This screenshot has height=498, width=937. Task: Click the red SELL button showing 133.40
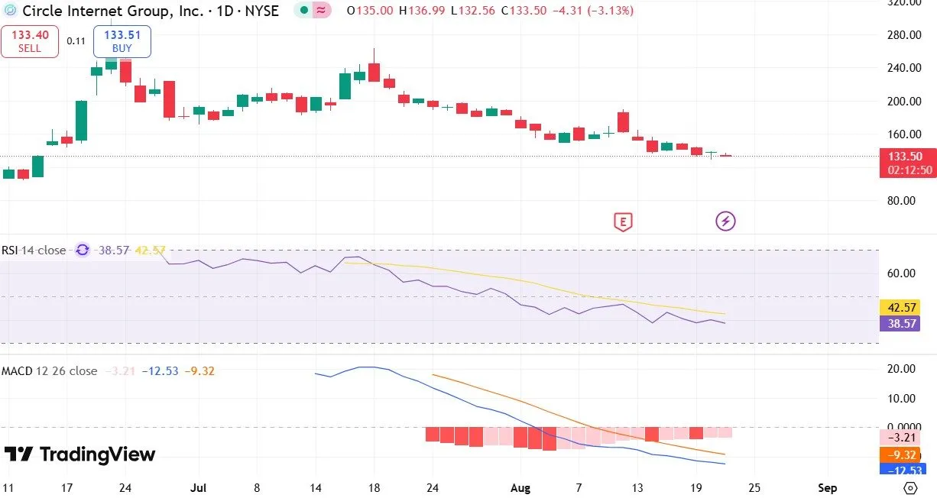point(30,41)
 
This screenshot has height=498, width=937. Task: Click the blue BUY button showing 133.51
point(122,41)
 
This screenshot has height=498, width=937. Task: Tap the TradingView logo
point(79,454)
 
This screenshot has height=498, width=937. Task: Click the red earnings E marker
point(624,222)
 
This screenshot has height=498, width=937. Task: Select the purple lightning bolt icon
point(725,222)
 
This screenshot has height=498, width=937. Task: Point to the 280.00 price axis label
point(900,35)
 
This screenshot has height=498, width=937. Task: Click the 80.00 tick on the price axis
point(902,201)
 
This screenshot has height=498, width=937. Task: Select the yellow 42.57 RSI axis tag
point(902,308)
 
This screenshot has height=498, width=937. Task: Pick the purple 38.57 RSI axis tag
point(902,324)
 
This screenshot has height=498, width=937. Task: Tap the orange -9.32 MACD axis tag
point(902,454)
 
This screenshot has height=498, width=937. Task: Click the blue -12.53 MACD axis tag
point(902,469)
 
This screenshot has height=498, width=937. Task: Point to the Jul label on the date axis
point(199,487)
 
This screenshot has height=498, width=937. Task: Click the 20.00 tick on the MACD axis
point(902,369)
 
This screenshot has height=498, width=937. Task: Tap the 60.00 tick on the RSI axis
point(902,273)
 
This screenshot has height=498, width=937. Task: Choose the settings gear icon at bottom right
point(909,487)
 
